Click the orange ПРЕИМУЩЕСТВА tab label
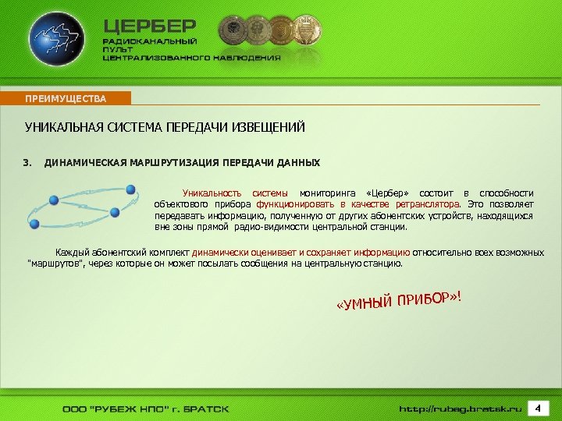pos(66,98)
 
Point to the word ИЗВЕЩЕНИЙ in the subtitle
pos(269,127)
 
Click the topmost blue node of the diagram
pos(130,189)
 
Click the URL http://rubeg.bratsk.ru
pos(461,409)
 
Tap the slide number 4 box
pos(538,408)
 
